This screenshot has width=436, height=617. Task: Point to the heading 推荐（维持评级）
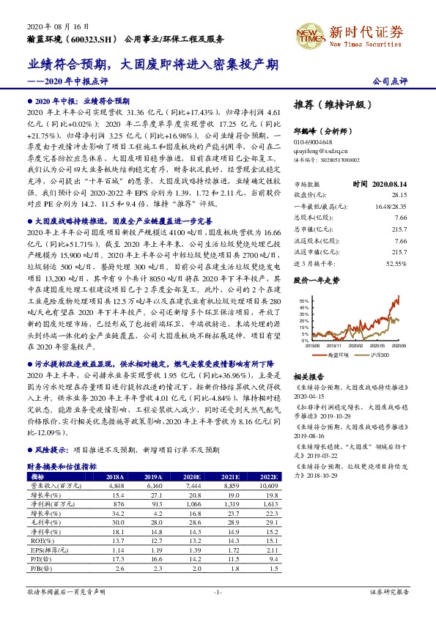point(332,103)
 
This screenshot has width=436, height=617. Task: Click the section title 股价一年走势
point(317,280)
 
